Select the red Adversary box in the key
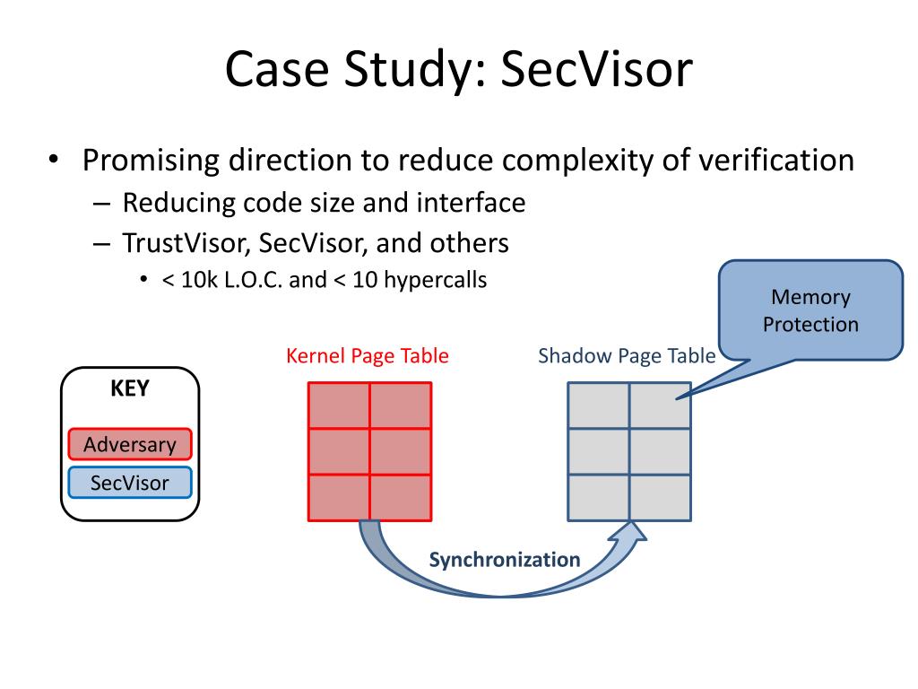click(x=130, y=444)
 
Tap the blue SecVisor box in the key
click(x=130, y=483)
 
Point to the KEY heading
click(x=130, y=389)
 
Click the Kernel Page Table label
click(x=368, y=356)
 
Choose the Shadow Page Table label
click(x=627, y=356)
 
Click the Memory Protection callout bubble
click(x=810, y=310)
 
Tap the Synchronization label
click(x=505, y=560)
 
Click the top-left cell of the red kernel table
click(x=339, y=406)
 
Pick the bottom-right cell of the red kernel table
click(x=401, y=498)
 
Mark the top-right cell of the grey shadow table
click(x=660, y=406)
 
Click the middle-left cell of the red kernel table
click(x=339, y=452)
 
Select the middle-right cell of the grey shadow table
click(x=660, y=452)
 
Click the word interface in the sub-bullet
click(x=471, y=203)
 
